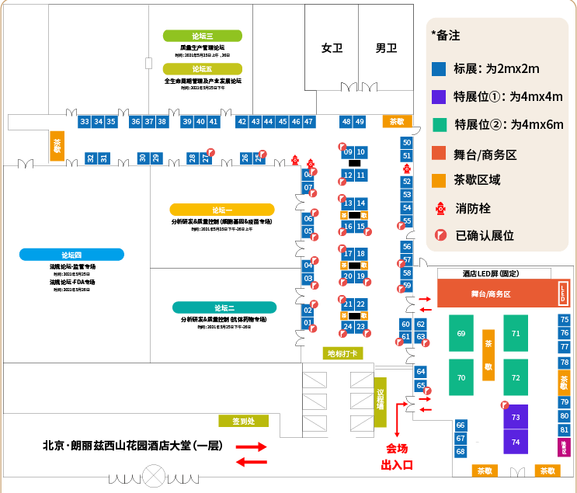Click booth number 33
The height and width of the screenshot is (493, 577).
tap(85, 122)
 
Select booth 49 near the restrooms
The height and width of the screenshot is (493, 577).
tap(360, 122)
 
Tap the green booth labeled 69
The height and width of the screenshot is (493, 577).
tap(461, 333)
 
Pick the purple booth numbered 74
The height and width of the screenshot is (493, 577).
tap(516, 442)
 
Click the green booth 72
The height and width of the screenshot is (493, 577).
tap(516, 378)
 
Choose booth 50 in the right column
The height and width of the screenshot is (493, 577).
tap(406, 143)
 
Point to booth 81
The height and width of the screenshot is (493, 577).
tap(565, 430)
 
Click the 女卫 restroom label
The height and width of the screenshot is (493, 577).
tap(332, 48)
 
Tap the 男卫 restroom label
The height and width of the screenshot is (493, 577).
tap(386, 48)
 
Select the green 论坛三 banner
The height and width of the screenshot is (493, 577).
tap(203, 36)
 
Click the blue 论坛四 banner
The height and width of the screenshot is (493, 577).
tap(72, 254)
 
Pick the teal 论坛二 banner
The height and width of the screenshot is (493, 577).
tap(224, 307)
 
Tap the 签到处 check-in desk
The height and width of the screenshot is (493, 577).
tap(243, 422)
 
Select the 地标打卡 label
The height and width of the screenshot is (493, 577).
tap(342, 354)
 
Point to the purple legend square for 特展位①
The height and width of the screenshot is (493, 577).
tap(439, 97)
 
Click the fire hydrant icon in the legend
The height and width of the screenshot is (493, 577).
tap(440, 208)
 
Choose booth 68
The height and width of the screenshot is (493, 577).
tap(461, 451)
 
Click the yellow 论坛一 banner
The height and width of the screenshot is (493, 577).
tap(222, 210)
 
